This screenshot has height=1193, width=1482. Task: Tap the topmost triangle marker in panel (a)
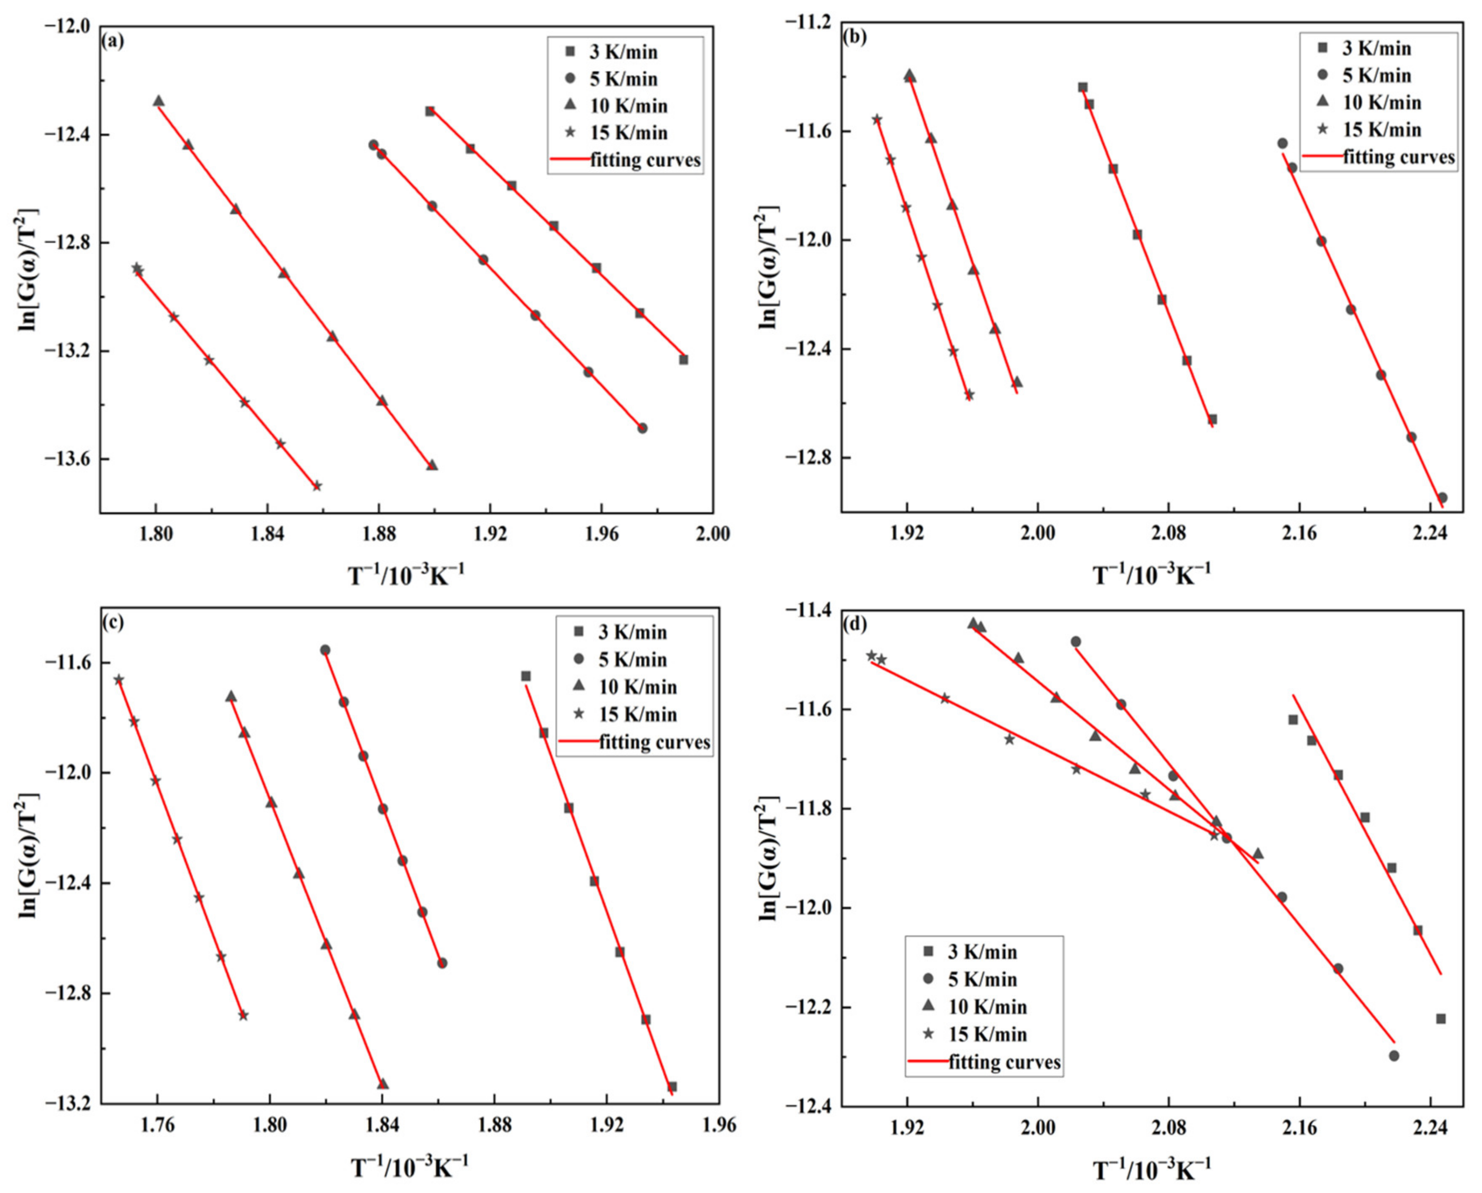(x=159, y=101)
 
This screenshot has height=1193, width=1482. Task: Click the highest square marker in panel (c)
(x=526, y=677)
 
